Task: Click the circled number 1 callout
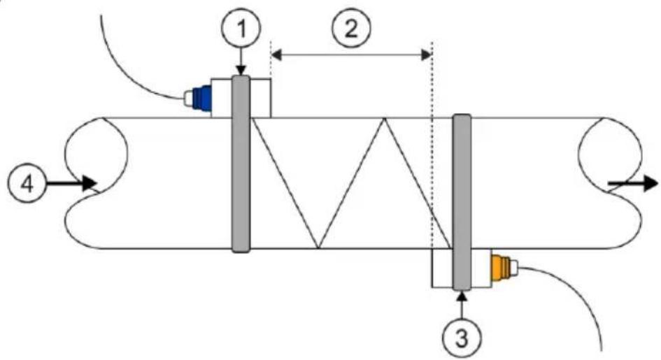(241, 28)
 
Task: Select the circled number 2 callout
(350, 28)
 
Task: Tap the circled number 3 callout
(462, 337)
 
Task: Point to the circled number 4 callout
(27, 184)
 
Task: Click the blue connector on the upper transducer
(201, 98)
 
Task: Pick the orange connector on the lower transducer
(501, 267)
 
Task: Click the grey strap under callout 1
(241, 164)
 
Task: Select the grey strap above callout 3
(462, 203)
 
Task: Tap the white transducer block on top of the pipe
(241, 98)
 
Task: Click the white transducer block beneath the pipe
(462, 268)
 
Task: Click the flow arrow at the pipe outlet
(632, 184)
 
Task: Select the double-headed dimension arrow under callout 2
(350, 55)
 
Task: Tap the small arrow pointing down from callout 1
(241, 62)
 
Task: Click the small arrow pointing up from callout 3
(462, 305)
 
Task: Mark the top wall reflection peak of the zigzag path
(384, 118)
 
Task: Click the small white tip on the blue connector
(188, 99)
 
